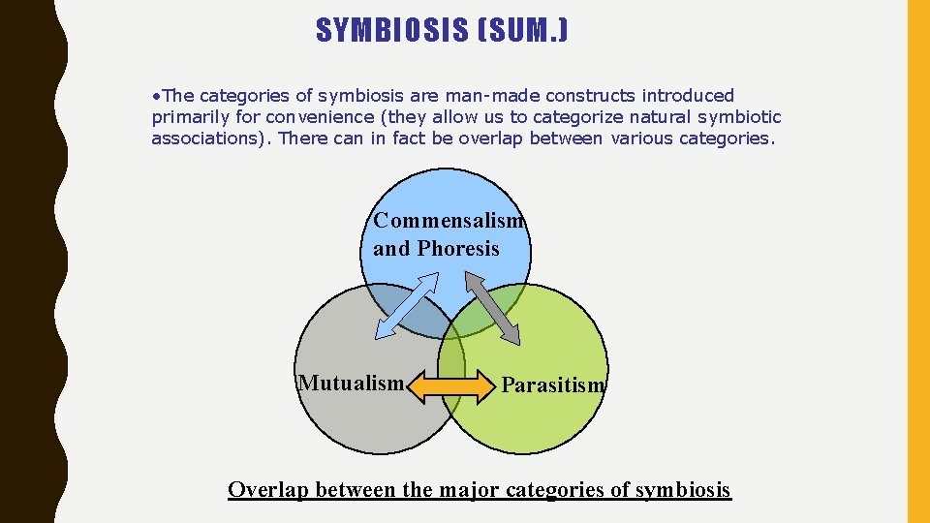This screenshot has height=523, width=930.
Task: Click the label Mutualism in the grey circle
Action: click(351, 384)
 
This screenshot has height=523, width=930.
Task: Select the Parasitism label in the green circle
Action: click(552, 385)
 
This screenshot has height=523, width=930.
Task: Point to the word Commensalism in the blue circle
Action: click(449, 221)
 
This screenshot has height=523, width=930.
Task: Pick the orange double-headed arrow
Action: click(453, 387)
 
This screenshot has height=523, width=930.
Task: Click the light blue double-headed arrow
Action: click(405, 306)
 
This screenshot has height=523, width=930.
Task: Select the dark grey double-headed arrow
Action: click(492, 307)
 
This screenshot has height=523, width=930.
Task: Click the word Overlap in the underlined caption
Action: click(268, 490)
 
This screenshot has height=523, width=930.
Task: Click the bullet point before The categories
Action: click(156, 96)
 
